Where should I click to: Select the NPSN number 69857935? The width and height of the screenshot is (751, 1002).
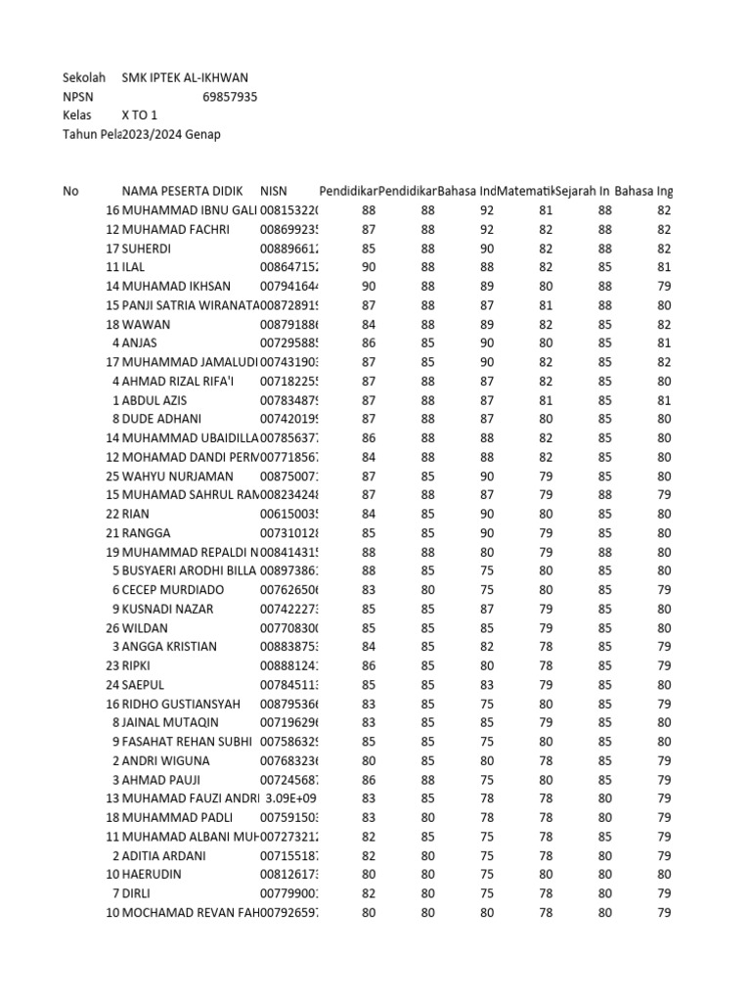(x=230, y=97)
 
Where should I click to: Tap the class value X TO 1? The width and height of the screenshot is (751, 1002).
(x=139, y=115)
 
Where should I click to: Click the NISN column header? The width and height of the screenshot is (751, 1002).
(x=274, y=192)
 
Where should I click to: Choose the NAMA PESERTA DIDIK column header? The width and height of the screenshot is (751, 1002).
(x=182, y=192)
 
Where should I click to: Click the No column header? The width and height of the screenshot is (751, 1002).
(x=70, y=192)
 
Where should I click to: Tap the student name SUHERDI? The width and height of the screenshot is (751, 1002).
(x=146, y=249)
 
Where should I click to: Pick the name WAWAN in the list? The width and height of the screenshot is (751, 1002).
(x=143, y=324)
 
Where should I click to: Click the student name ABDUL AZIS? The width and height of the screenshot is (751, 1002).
(x=155, y=400)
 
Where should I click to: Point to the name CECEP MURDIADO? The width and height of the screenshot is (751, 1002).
(x=172, y=590)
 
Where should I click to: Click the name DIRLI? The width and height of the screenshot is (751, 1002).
(x=137, y=893)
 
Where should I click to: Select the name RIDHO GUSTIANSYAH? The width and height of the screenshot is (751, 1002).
(x=180, y=704)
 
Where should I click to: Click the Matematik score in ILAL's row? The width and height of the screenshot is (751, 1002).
(x=545, y=267)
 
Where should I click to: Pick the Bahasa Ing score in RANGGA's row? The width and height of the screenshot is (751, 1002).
(x=664, y=532)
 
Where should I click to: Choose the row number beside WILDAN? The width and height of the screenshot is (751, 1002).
(x=111, y=627)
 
